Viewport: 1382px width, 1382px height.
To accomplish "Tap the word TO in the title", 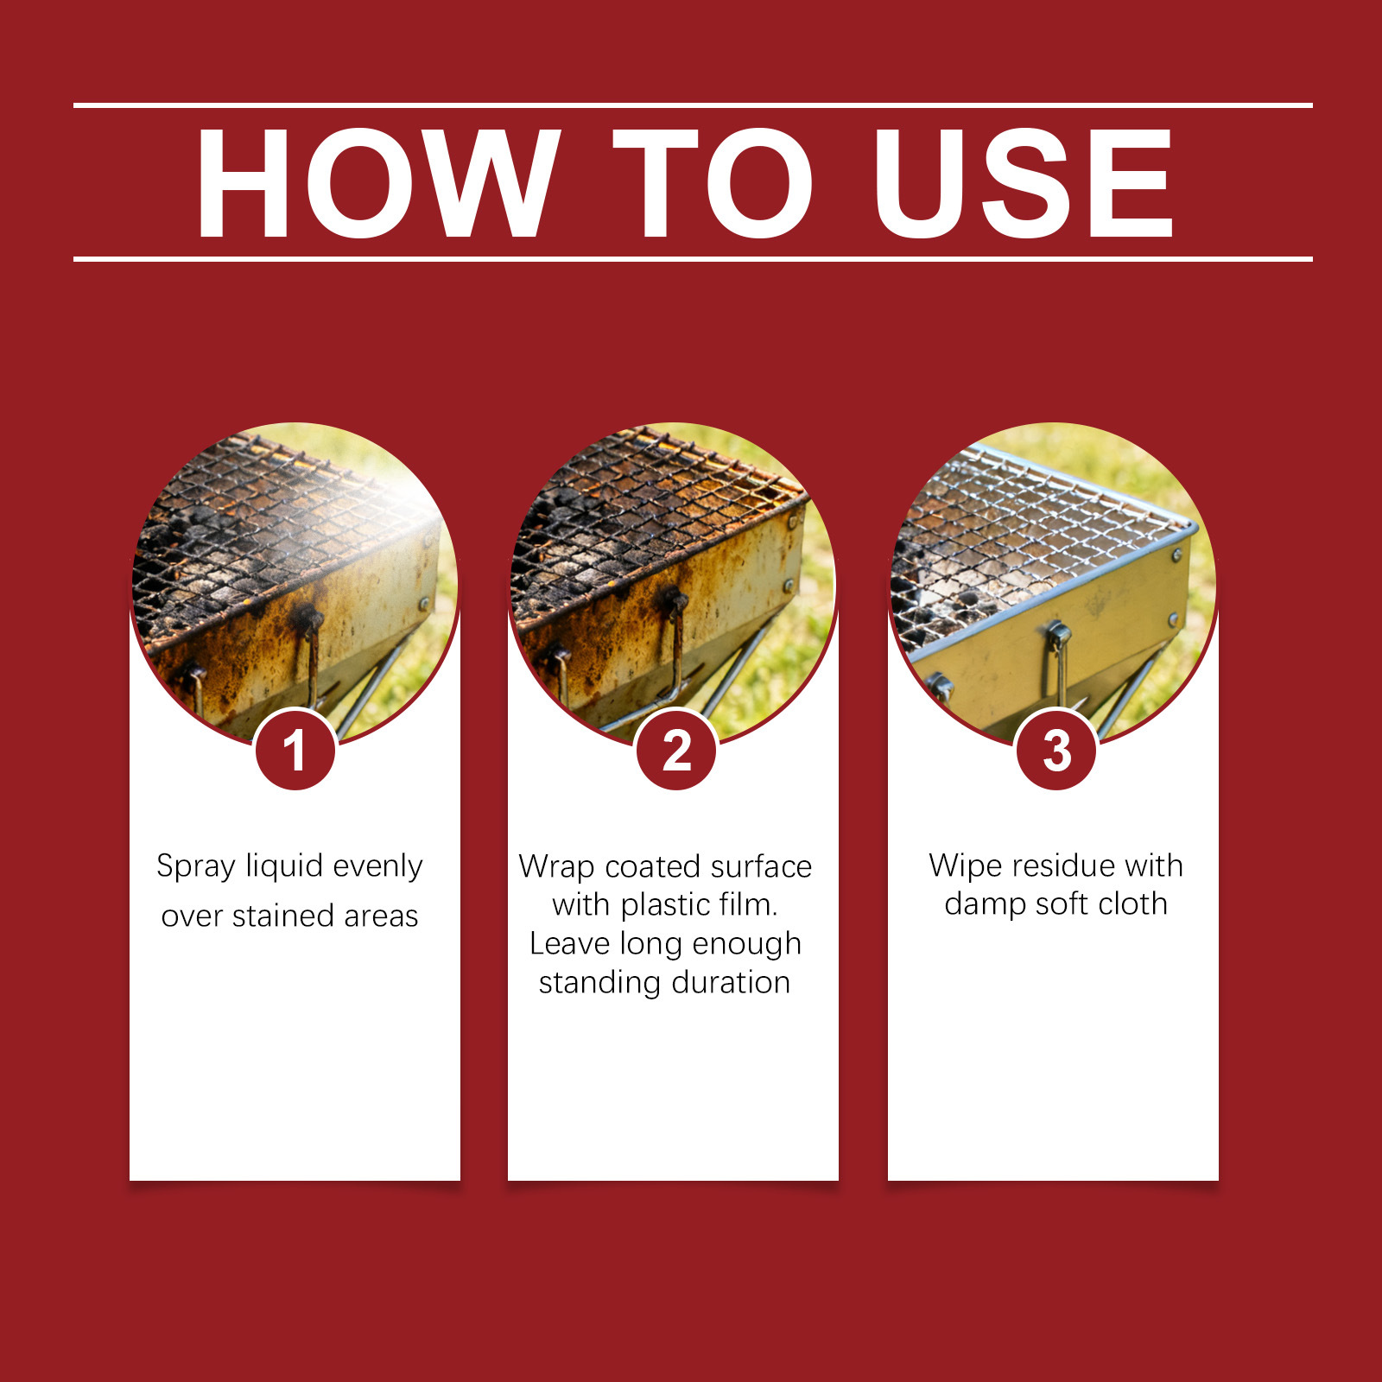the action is click(713, 182).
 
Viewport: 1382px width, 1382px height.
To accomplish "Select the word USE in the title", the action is click(1024, 182).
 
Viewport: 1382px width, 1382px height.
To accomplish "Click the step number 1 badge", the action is click(295, 750).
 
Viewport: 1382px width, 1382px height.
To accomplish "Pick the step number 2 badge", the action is click(676, 750).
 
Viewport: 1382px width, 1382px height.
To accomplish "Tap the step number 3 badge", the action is click(1056, 750).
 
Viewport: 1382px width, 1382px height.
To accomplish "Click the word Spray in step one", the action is click(196, 867).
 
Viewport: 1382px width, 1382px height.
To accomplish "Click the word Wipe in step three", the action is click(966, 866).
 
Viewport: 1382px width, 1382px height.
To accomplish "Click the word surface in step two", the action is click(761, 867).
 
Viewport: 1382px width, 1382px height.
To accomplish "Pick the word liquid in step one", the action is click(285, 867).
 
